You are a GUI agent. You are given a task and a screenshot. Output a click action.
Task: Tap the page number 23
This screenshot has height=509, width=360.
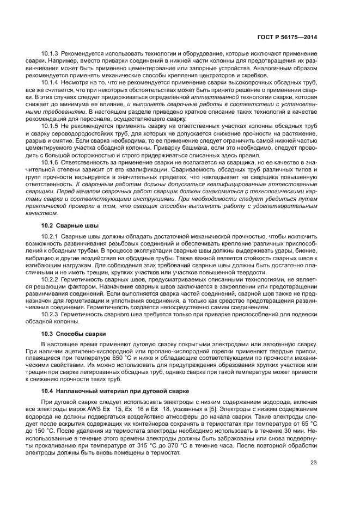tap(313, 463)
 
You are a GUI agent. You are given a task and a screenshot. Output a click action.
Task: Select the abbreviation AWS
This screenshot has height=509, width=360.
tap(119, 408)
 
